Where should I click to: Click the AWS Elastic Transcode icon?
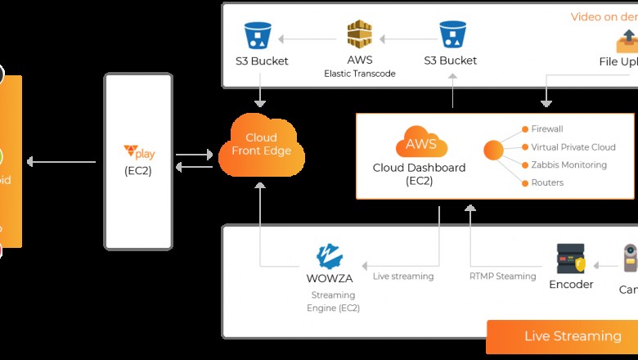(359, 34)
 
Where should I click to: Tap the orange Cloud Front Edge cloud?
(260, 145)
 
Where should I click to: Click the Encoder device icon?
(570, 259)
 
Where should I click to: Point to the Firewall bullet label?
(547, 129)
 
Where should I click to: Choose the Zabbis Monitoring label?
(569, 165)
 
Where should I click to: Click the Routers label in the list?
(547, 183)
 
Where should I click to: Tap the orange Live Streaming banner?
(562, 336)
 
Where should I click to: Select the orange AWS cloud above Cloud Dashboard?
(421, 144)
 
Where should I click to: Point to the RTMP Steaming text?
(502, 277)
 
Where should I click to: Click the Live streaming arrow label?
(403, 277)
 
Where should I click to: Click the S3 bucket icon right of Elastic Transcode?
(452, 34)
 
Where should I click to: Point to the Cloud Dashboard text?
(419, 168)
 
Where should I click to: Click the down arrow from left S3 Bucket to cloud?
(259, 91)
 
